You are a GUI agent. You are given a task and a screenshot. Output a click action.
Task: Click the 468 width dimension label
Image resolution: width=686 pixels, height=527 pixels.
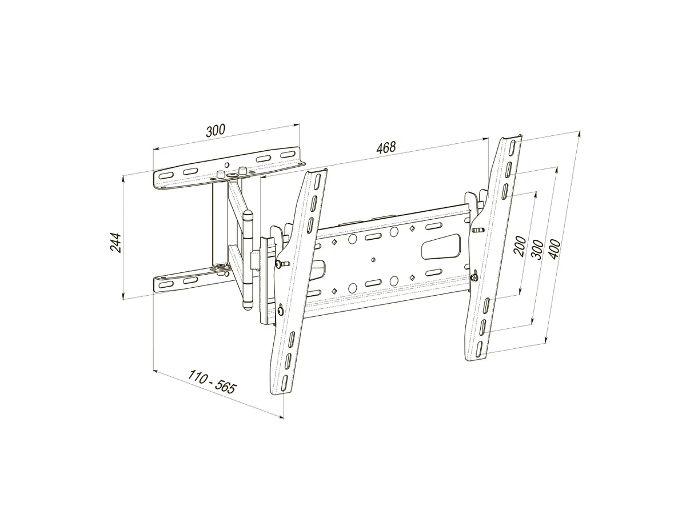pos(386,147)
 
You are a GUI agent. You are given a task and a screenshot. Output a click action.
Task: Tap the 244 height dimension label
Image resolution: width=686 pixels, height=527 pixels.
pos(115,243)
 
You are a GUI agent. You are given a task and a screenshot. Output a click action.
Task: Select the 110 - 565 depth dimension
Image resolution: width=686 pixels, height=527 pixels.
pos(212,382)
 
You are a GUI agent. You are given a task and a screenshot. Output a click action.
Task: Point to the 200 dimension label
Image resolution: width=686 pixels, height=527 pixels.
pos(521,246)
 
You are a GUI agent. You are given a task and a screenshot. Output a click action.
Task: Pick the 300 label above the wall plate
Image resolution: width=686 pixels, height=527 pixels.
pos(216,131)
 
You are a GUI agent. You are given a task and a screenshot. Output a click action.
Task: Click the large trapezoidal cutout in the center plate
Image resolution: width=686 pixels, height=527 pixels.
pos(441,247)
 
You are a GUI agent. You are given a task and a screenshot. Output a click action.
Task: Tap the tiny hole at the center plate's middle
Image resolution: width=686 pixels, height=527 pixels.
pos(373,259)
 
